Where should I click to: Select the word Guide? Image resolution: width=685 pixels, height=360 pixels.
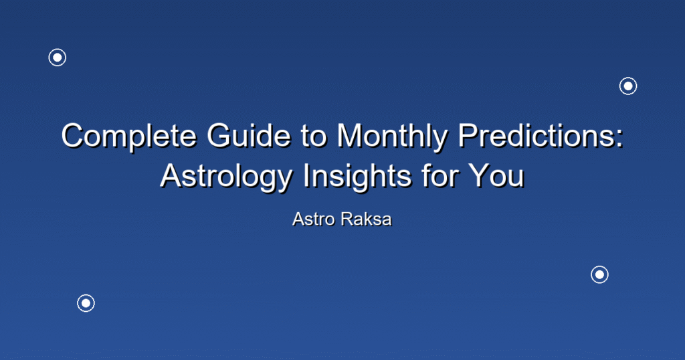point(249,135)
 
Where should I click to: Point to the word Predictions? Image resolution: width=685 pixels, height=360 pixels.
point(536,135)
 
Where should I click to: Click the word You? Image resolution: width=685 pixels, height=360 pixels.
point(496,175)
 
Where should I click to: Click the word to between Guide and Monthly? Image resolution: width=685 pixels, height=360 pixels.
point(314,137)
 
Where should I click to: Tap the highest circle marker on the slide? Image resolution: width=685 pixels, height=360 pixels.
point(58,58)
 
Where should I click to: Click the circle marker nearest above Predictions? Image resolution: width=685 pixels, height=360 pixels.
point(628,86)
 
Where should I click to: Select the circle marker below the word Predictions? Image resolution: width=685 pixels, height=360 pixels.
point(600,275)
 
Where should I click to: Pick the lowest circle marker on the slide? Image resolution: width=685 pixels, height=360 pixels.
point(86,303)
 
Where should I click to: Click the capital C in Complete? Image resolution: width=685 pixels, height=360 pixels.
point(74,135)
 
